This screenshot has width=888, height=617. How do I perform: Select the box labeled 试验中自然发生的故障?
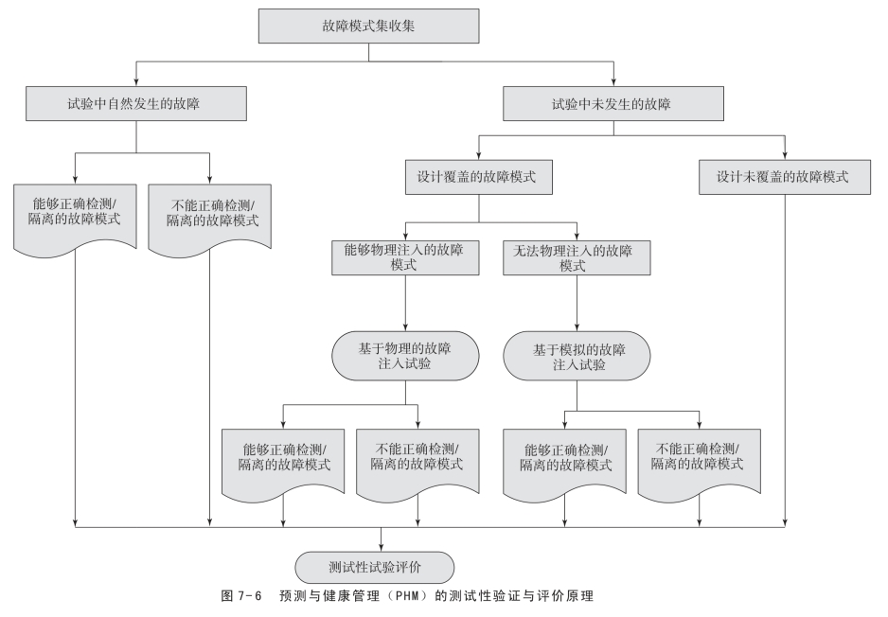click(x=137, y=104)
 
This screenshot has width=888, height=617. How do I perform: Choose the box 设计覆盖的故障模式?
click(x=480, y=176)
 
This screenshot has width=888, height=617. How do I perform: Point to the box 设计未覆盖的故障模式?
click(x=786, y=176)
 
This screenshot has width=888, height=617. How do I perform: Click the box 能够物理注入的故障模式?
click(x=405, y=257)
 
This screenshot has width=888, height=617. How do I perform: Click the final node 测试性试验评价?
click(x=381, y=566)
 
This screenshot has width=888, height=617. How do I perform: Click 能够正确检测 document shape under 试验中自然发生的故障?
click(x=75, y=212)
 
